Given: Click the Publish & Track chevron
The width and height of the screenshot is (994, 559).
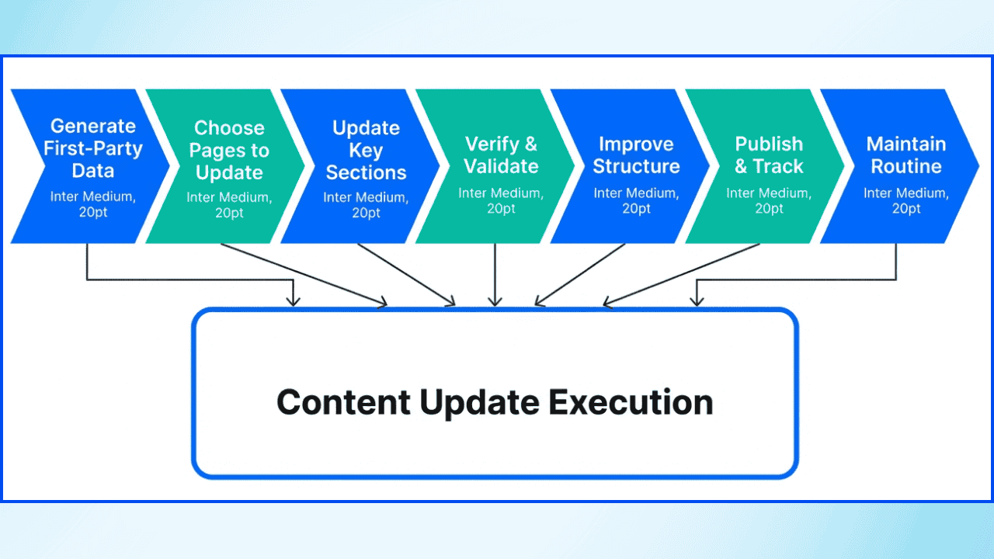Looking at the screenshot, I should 767,166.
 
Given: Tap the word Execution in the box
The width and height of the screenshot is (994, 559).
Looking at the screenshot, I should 631,403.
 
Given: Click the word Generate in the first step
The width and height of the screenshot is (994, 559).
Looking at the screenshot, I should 93,127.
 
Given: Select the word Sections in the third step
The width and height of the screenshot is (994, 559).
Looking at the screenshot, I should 366,172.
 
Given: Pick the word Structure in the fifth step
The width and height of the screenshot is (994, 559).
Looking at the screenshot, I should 637,166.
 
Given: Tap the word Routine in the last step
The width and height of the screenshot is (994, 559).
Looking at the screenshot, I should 906,166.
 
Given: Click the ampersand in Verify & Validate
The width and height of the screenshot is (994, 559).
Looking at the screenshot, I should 530,144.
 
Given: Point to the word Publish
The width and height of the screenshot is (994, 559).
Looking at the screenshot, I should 769,144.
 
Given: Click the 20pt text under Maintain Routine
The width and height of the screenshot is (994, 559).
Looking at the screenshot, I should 906,209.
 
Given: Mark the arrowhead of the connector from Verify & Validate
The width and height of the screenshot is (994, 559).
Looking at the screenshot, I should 495,302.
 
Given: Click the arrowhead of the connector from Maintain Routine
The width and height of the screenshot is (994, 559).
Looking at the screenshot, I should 697,302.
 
